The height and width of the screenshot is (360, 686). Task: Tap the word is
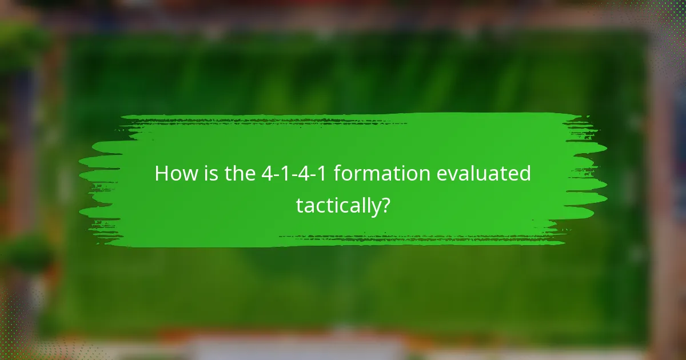point(208,174)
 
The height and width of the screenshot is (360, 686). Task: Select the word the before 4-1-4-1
point(238,174)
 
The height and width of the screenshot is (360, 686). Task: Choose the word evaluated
point(484,174)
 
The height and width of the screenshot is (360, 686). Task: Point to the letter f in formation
point(337,174)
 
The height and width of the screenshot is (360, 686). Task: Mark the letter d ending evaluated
point(524,174)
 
